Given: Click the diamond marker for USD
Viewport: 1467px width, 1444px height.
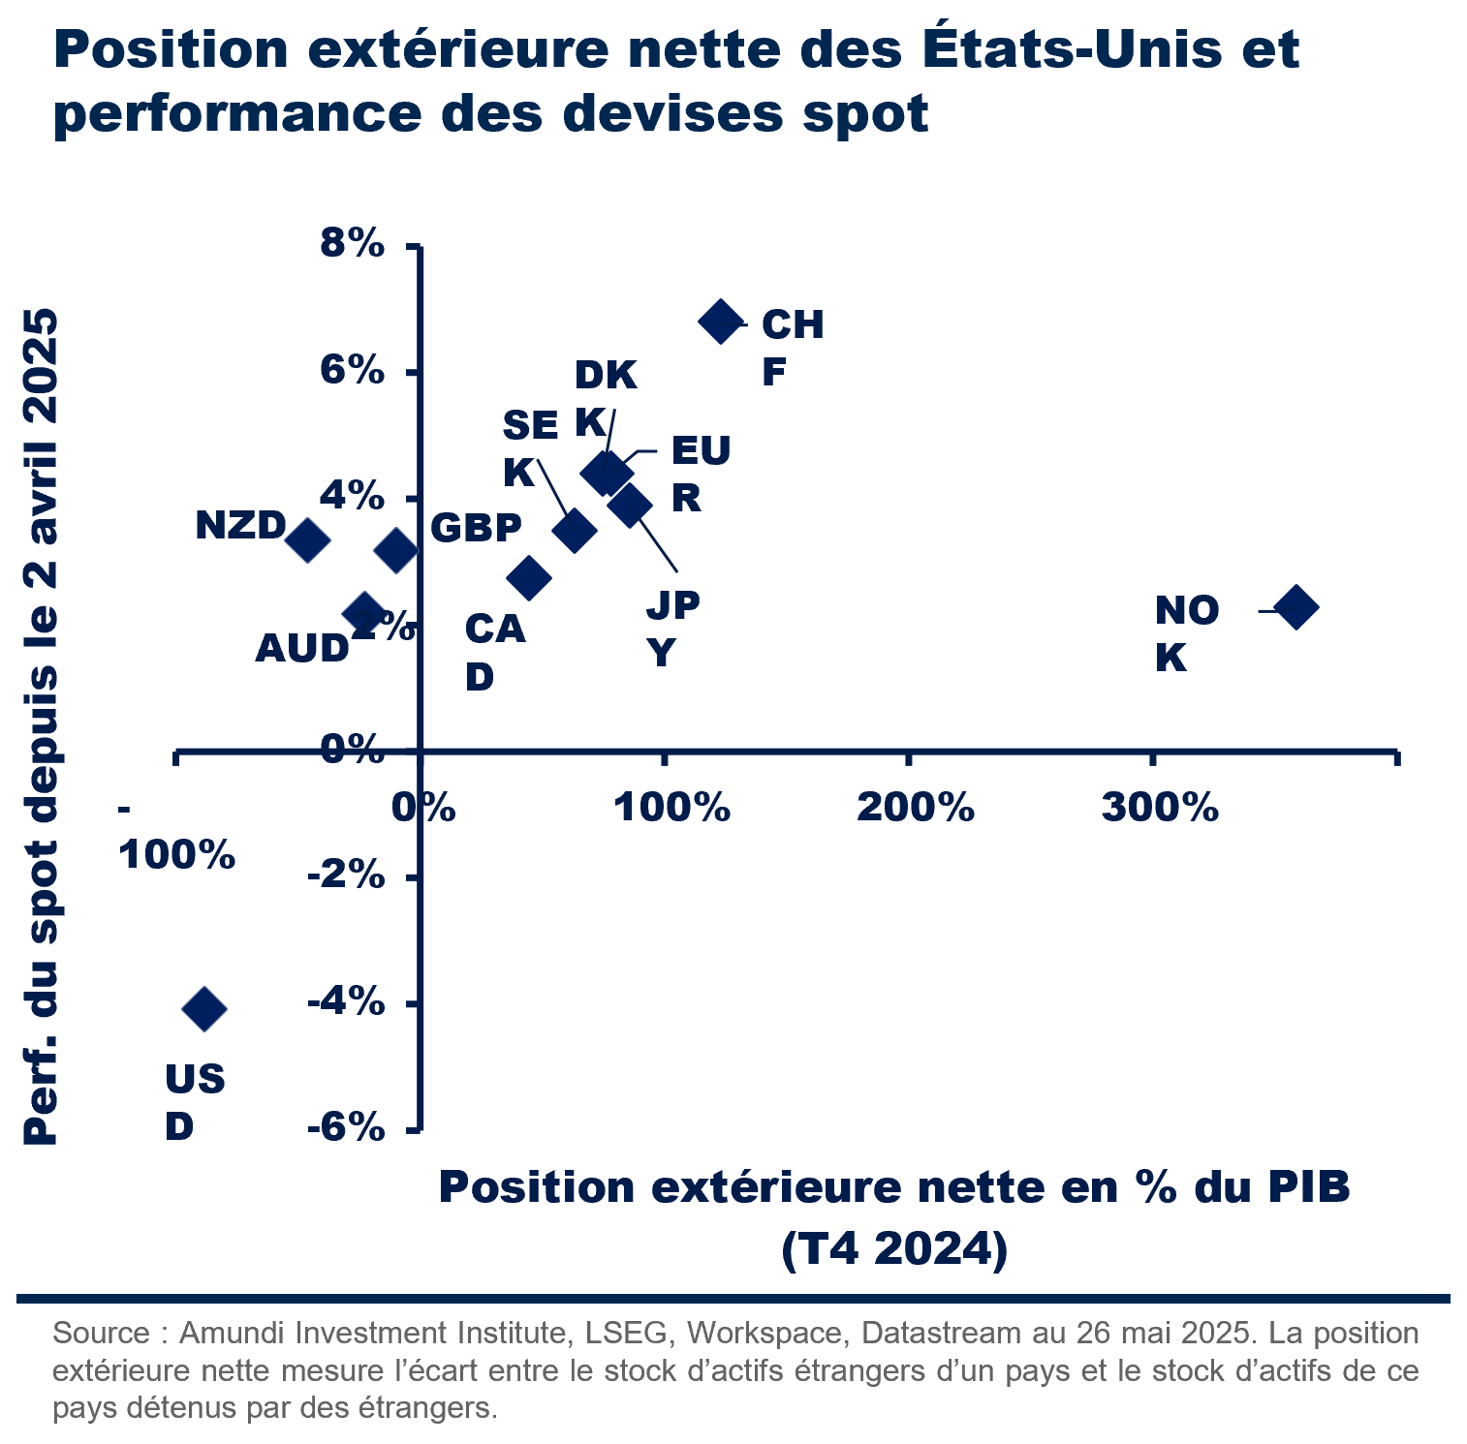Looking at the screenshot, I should tap(204, 1009).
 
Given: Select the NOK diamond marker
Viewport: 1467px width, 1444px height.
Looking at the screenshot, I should tap(1295, 607).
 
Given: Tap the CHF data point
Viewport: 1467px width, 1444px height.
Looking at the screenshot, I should tap(721, 321).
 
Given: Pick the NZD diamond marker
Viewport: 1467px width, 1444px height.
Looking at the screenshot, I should tap(307, 539).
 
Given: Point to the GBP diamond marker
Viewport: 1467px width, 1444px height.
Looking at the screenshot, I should tap(395, 551).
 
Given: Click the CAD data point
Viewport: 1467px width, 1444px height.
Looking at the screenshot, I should tap(529, 578).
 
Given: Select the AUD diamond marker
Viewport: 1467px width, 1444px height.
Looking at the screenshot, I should tap(364, 612).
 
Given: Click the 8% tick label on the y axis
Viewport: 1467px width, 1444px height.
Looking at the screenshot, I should tap(353, 243).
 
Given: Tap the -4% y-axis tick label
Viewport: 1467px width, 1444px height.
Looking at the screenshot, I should tap(346, 1001).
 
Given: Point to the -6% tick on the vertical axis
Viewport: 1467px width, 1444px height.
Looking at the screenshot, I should tap(346, 1127).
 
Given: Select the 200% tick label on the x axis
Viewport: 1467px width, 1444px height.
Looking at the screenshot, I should tap(916, 807).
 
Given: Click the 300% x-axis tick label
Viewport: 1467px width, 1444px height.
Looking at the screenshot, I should tap(1160, 807).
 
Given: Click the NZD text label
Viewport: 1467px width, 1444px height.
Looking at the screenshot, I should tap(240, 526).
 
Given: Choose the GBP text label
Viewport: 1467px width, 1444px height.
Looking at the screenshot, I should tap(476, 528).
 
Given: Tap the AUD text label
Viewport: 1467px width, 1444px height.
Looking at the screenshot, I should tap(301, 648).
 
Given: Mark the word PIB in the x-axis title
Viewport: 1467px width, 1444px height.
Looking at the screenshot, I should tap(1309, 1187).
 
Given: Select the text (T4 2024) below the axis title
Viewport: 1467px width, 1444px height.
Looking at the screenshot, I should tap(894, 1248).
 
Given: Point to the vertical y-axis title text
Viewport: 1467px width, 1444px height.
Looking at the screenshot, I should tap(42, 726).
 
